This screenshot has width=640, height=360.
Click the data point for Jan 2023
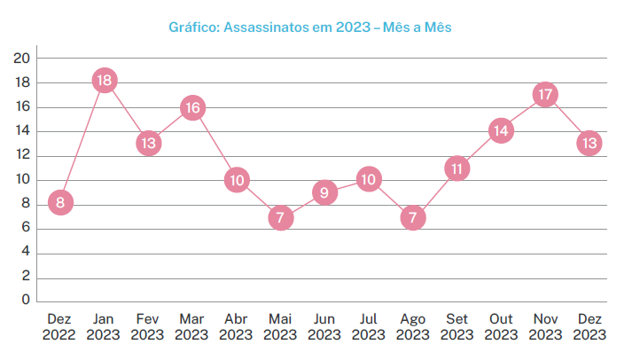pyautogui.click(x=105, y=81)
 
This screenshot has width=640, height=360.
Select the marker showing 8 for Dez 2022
pyautogui.click(x=60, y=202)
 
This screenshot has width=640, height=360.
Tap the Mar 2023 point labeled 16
pyautogui.click(x=192, y=108)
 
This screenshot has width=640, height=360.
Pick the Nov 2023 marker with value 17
pyautogui.click(x=545, y=94)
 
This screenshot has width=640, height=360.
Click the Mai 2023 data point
pyautogui.click(x=281, y=217)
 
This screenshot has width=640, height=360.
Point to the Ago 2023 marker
pyautogui.click(x=413, y=217)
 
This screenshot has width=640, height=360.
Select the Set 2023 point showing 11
pyautogui.click(x=457, y=168)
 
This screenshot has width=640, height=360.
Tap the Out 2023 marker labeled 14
pyautogui.click(x=502, y=131)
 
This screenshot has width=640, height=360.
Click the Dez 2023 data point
pyautogui.click(x=589, y=143)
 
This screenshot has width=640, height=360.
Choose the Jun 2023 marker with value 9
pyautogui.click(x=325, y=192)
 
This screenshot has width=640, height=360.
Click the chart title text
pyautogui.click(x=310, y=27)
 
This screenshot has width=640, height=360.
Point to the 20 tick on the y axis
pyautogui.click(x=22, y=59)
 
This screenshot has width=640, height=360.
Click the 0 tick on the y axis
pyautogui.click(x=26, y=301)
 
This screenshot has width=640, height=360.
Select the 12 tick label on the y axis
pyautogui.click(x=22, y=155)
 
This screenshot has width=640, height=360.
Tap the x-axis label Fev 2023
pyautogui.click(x=148, y=326)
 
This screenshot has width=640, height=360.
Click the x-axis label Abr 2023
pyautogui.click(x=237, y=326)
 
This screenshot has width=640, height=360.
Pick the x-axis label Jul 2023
pyautogui.click(x=369, y=326)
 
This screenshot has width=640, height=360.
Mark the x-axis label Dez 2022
pyautogui.click(x=60, y=326)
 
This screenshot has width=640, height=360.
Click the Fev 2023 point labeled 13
pyautogui.click(x=148, y=143)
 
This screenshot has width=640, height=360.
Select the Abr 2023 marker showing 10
pyautogui.click(x=237, y=180)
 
